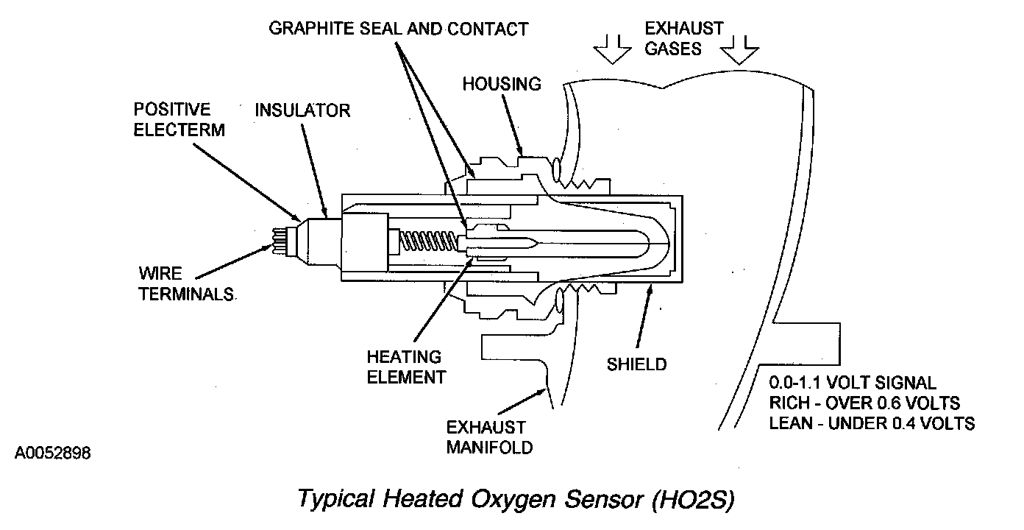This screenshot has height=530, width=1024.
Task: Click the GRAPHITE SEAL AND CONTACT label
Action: pos(398,29)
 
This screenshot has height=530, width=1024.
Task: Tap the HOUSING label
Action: pos(501,84)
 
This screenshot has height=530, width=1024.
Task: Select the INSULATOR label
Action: pos(302,111)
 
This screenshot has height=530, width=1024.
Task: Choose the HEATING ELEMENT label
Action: pos(406,367)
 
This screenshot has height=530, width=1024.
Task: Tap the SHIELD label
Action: pos(636,364)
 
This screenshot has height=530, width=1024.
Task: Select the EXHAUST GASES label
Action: pos(683,38)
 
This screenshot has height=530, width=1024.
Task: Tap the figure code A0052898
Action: pos(52,452)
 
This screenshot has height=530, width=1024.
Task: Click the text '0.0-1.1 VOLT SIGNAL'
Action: pos(853,384)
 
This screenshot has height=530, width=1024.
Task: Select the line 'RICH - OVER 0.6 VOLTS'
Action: pos(864,403)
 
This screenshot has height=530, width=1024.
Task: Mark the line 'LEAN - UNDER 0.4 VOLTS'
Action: pos(872,423)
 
